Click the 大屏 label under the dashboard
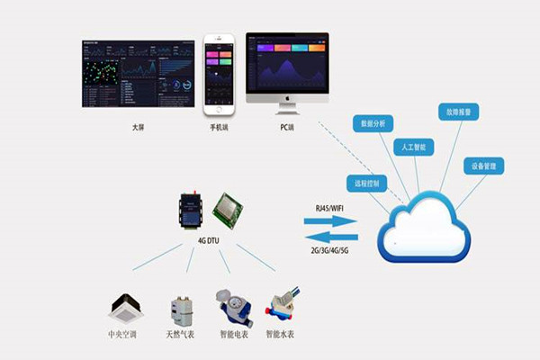(x=137, y=128)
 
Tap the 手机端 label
(x=220, y=128)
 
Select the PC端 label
(x=286, y=128)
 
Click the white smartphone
(x=219, y=76)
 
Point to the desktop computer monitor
(x=287, y=72)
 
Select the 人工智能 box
(x=417, y=147)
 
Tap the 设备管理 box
(x=483, y=166)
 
